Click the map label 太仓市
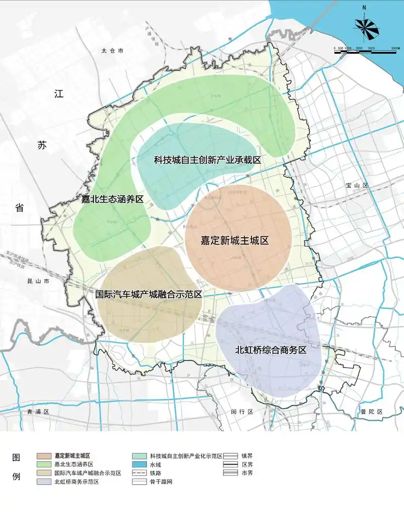pos(112,50)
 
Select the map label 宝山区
pos(358,186)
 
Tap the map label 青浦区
pos(39,412)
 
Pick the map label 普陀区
pos(372,412)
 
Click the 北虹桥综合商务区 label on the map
pos(271,349)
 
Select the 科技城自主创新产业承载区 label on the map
pos(207,160)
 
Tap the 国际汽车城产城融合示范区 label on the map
pos(149,293)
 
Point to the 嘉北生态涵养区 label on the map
pos(112,199)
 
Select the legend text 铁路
pos(156,473)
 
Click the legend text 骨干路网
pos(162,482)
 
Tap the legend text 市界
pos(247,473)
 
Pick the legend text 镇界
pos(247,455)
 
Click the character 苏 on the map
pos(41,145)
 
